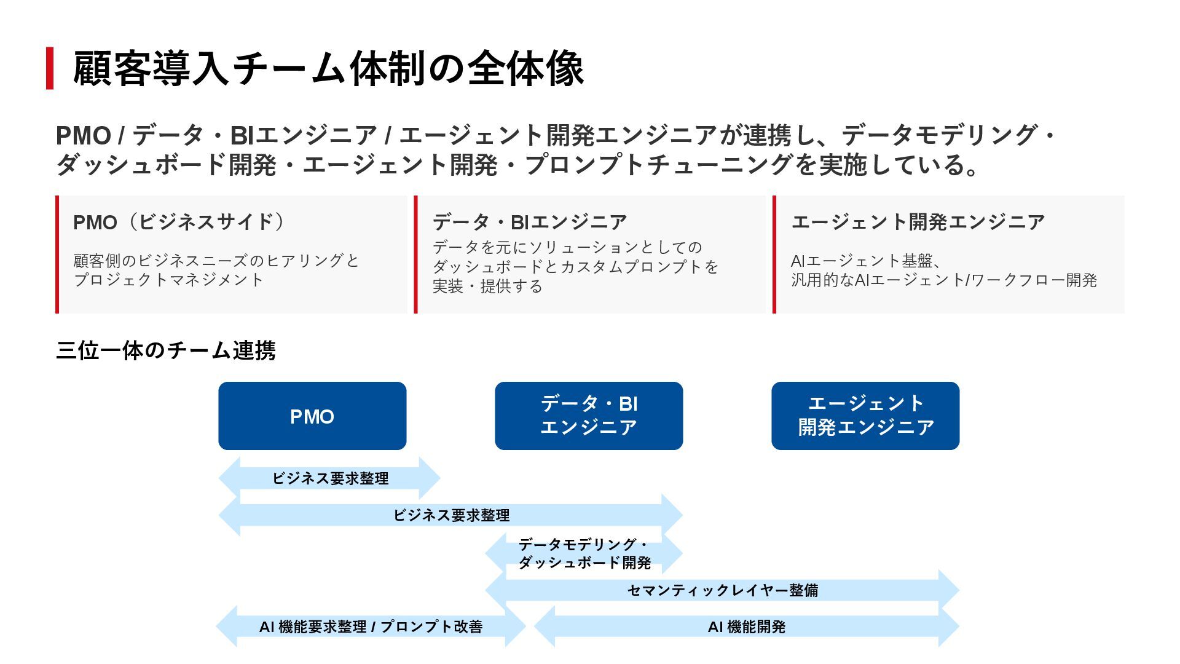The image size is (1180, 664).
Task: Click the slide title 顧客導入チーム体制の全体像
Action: (328, 68)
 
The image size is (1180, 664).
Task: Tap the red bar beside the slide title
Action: (50, 68)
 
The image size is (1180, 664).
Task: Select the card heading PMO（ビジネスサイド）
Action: (178, 222)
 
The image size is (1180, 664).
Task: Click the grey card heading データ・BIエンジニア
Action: (530, 222)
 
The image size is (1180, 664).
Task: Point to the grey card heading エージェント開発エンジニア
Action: (918, 222)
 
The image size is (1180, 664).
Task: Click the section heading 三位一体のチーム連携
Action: (165, 350)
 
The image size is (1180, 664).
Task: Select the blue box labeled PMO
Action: (312, 416)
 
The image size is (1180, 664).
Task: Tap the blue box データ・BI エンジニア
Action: (589, 416)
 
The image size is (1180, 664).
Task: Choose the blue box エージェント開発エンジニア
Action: (865, 416)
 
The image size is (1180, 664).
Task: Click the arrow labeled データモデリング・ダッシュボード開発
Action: (584, 553)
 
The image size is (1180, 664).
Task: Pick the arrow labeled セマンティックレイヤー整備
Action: (722, 590)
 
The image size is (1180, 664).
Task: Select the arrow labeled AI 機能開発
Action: (746, 626)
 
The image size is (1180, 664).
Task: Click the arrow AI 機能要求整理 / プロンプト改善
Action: (371, 626)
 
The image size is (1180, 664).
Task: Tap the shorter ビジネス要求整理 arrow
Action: (330, 478)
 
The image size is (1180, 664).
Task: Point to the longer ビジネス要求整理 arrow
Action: (451, 515)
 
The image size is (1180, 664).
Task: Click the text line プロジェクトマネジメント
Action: (168, 280)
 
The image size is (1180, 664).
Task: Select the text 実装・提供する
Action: (487, 287)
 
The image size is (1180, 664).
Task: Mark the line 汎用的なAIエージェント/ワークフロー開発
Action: (943, 280)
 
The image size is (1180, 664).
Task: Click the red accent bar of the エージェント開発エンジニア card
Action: (774, 255)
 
